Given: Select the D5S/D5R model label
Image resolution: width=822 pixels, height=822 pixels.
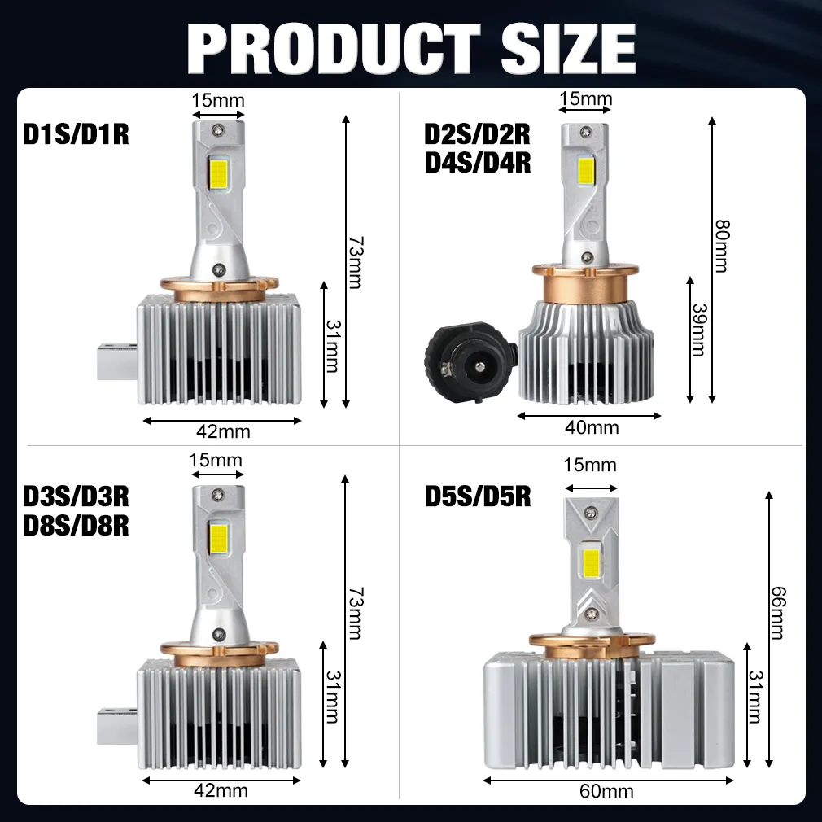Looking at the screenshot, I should coord(478,496).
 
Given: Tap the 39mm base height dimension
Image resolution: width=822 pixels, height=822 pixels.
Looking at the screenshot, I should coord(698,330).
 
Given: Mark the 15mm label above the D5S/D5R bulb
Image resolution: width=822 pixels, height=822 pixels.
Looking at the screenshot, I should coord(589,466).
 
